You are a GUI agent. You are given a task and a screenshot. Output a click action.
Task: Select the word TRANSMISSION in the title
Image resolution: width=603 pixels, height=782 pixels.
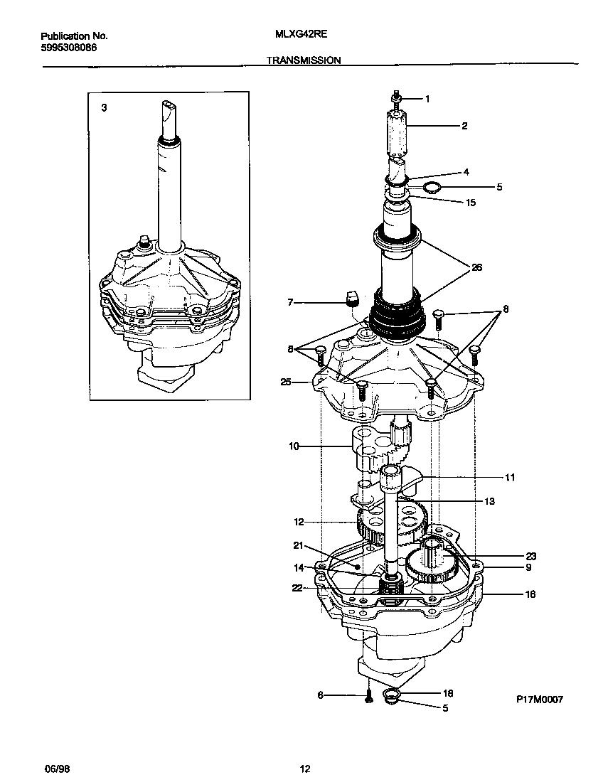click(x=304, y=61)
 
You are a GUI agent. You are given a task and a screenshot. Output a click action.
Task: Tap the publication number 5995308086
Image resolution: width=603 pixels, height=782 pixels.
click(x=68, y=47)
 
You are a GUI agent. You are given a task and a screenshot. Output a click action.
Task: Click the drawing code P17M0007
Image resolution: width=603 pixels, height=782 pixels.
click(x=539, y=700)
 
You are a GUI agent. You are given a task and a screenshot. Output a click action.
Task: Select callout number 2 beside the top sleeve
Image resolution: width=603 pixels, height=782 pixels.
click(x=464, y=126)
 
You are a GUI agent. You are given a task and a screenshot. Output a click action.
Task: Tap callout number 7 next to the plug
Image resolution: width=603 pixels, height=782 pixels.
click(x=289, y=303)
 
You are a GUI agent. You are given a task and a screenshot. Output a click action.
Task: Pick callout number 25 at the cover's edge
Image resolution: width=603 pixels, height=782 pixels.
click(x=286, y=382)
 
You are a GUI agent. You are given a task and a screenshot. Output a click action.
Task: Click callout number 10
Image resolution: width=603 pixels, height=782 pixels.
click(x=294, y=446)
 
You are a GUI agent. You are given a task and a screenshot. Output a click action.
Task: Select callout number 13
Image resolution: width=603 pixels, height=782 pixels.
click(x=489, y=501)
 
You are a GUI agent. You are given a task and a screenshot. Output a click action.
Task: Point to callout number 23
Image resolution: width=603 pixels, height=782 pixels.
click(x=530, y=556)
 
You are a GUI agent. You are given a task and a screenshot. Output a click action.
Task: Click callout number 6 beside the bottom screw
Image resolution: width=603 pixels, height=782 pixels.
click(x=320, y=695)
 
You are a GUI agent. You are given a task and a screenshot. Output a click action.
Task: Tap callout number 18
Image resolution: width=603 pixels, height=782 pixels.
click(x=448, y=693)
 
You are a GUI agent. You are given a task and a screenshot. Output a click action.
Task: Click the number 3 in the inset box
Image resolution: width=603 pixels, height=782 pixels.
click(x=104, y=108)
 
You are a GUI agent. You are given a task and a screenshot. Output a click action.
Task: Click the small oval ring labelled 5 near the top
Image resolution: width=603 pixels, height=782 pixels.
click(x=432, y=188)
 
